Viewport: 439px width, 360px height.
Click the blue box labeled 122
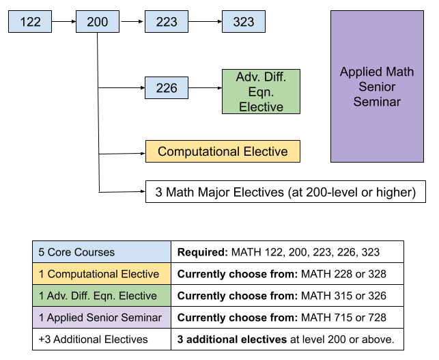[30, 22]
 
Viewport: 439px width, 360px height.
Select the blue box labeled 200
[98, 22]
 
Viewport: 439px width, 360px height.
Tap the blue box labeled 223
[166, 22]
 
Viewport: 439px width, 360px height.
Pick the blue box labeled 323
[243, 22]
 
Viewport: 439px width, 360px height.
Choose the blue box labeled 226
[166, 88]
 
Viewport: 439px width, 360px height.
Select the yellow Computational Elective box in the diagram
[223, 152]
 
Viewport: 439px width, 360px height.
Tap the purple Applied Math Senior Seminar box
[377, 87]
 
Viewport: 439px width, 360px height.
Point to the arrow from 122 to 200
[63, 22]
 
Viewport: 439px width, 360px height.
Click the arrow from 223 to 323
[205, 22]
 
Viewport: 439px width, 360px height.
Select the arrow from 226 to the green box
[205, 88]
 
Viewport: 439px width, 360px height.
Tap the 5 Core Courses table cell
[102, 252]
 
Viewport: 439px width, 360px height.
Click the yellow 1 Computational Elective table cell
[102, 274]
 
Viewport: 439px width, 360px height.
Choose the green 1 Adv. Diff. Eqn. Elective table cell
[102, 296]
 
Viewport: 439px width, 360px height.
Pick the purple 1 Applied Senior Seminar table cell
[102, 318]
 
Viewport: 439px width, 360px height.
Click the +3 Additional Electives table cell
[102, 340]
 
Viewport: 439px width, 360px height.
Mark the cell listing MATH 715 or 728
[287, 318]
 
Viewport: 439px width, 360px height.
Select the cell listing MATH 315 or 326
[287, 296]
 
